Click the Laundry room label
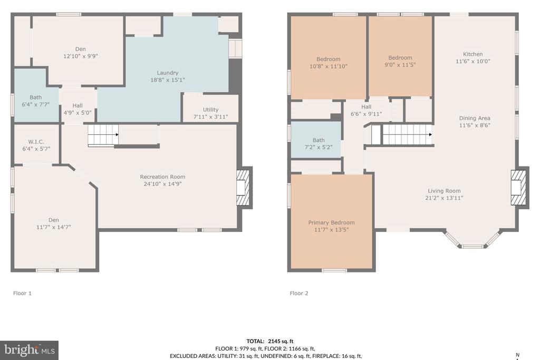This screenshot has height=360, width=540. point(167,73)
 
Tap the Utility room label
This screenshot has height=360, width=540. point(210,110)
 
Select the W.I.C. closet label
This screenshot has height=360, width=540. point(36,142)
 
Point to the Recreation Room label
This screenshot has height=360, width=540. point(162,177)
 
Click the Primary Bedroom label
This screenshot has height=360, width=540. point(331,222)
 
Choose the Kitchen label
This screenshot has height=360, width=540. point(473,54)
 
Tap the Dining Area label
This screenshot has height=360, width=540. point(475,118)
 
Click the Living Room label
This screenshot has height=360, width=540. point(444,191)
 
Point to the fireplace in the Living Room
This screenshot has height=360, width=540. point(519,188)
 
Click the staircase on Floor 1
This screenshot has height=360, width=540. point(103,135)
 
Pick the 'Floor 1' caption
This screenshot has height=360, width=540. point(22,293)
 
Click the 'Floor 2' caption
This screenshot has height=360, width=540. point(299,293)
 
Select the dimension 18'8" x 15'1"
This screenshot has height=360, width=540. point(167,80)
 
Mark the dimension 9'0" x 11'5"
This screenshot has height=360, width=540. point(400,65)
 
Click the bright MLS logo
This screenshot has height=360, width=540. point(30,351)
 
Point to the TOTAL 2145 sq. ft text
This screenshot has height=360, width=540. point(270,342)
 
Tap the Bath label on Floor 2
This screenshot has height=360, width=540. point(319,140)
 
